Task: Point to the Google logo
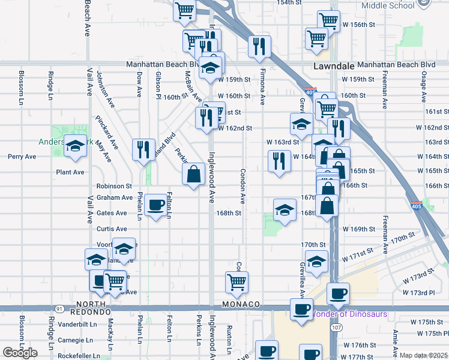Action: [x=20, y=353]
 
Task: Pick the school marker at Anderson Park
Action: [x=75, y=146]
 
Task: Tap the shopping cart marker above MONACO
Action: [x=237, y=281]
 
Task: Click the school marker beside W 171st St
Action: [x=316, y=261]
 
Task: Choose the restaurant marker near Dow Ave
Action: [x=143, y=149]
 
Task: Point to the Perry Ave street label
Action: [x=22, y=157]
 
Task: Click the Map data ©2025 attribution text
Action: [x=423, y=355]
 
